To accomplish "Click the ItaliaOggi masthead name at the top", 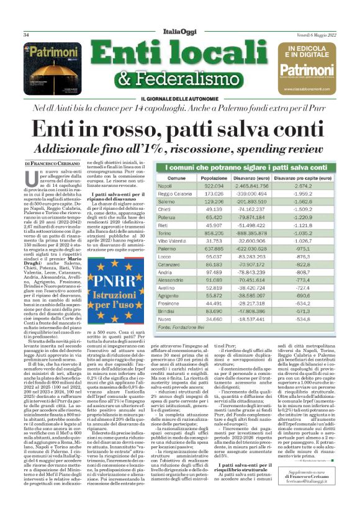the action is pos(180,34).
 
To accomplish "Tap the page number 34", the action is pos(27,35).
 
